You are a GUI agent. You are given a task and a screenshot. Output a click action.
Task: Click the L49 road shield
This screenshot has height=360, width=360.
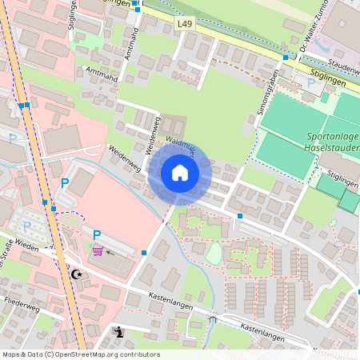[184, 25]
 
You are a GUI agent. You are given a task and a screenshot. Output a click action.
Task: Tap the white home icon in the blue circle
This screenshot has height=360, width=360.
[179, 172]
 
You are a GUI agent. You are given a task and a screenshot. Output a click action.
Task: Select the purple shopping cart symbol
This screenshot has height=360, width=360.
[98, 251]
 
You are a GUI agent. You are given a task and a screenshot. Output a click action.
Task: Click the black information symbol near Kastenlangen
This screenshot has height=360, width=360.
[119, 332]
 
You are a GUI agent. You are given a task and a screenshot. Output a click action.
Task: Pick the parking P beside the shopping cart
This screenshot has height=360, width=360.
[97, 235]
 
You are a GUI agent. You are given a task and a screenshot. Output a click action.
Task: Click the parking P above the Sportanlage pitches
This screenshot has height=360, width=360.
[310, 82]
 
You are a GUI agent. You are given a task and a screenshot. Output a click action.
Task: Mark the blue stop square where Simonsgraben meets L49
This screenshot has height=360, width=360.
[286, 58]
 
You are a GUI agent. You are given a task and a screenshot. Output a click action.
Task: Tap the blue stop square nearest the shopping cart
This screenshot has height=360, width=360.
[144, 253]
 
